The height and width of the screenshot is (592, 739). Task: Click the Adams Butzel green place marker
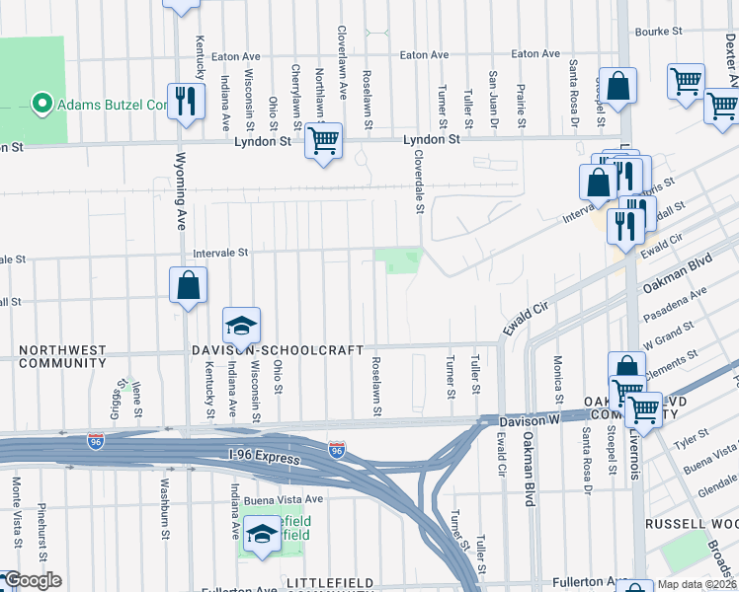(x=41, y=104)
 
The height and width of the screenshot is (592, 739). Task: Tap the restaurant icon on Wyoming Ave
(x=186, y=101)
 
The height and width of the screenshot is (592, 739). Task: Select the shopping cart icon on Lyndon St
(x=322, y=140)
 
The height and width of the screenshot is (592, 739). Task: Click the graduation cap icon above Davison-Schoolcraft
(x=240, y=325)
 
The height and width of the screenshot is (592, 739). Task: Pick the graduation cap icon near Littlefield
(x=262, y=534)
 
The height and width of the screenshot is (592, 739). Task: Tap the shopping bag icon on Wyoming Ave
(x=188, y=286)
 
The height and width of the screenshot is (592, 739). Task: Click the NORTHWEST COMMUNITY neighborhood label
(x=61, y=356)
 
